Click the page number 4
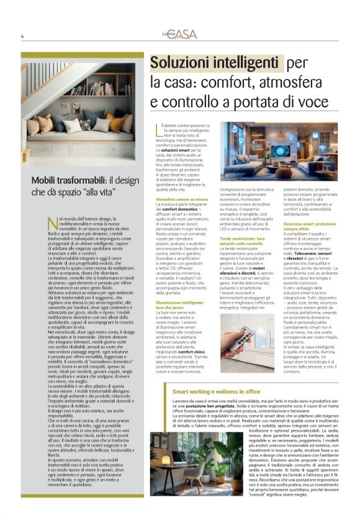coord(22,37)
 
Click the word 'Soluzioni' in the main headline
coord(186,63)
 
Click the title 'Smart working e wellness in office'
coord(216,392)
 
